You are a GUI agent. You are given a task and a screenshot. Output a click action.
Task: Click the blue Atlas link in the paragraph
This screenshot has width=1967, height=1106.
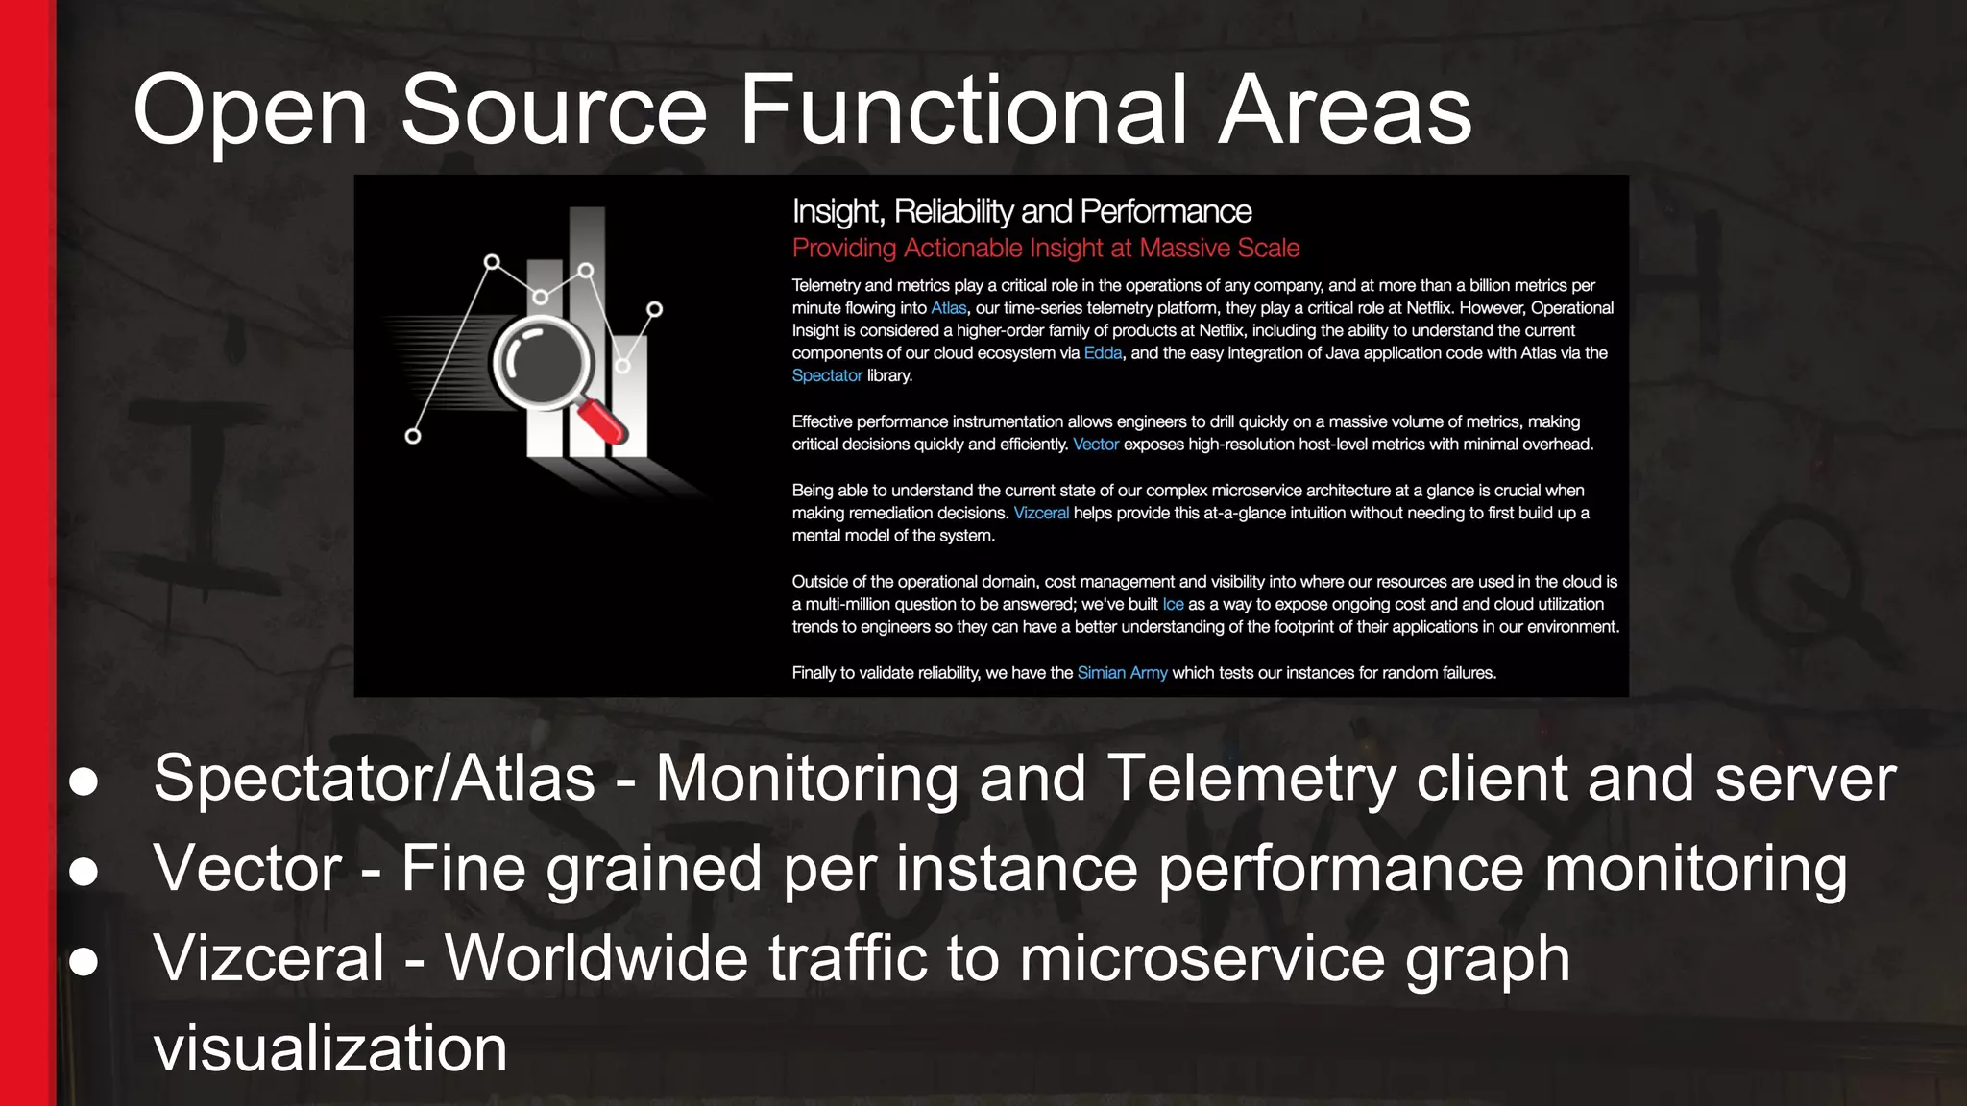tap(948, 308)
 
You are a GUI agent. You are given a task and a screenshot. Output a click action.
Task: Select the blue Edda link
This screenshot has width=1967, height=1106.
tap(1103, 353)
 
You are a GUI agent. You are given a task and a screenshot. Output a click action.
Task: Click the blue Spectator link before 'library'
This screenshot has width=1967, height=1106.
tap(826, 375)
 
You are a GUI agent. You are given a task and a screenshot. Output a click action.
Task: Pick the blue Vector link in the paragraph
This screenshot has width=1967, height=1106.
tap(1095, 445)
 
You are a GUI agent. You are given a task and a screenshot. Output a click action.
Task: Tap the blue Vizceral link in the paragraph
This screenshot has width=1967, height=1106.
tap(1041, 513)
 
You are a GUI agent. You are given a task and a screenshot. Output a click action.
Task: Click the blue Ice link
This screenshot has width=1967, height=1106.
tap(1173, 604)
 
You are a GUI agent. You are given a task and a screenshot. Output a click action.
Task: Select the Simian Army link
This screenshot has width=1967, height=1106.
tap(1122, 673)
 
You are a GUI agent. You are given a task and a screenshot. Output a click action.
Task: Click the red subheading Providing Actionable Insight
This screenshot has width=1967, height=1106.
tap(1045, 249)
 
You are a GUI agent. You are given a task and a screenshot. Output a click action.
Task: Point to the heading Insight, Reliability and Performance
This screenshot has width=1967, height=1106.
tap(1021, 211)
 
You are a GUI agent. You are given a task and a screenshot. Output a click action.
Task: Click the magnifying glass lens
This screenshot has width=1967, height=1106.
tap(541, 364)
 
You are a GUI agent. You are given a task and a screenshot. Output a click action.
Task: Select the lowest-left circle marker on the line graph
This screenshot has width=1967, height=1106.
tap(413, 436)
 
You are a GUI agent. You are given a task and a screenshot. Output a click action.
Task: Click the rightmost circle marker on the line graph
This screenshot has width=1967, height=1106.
tap(654, 309)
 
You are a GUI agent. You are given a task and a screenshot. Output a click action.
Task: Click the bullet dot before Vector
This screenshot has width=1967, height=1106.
tap(85, 871)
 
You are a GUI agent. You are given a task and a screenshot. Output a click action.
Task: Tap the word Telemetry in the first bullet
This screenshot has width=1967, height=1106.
tap(1251, 778)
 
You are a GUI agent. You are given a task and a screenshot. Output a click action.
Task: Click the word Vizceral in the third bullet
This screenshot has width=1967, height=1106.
tap(269, 958)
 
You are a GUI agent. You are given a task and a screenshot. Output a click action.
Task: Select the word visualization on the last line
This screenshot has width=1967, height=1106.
tap(329, 1048)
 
